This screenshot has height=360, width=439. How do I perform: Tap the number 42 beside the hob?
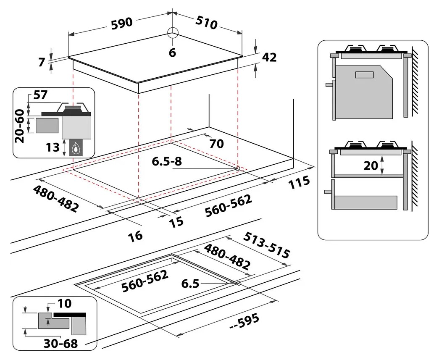269,58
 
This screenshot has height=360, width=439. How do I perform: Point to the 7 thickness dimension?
41,62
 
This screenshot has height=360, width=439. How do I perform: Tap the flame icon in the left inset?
76,148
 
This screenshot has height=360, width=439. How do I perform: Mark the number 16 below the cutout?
135,235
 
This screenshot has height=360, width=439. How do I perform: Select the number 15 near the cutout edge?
176,222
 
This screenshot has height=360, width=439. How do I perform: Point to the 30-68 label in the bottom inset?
62,343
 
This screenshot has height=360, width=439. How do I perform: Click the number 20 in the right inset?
371,166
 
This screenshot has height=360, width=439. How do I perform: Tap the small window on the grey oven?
364,75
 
